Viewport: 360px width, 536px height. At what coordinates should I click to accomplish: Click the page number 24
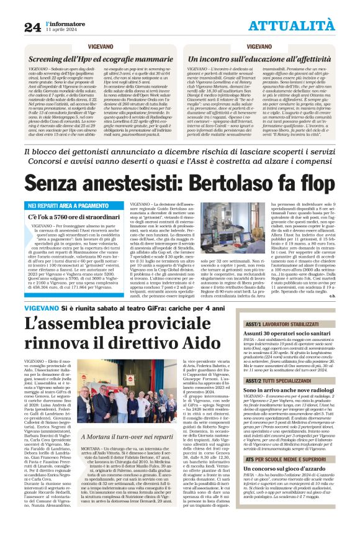pos(32,27)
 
